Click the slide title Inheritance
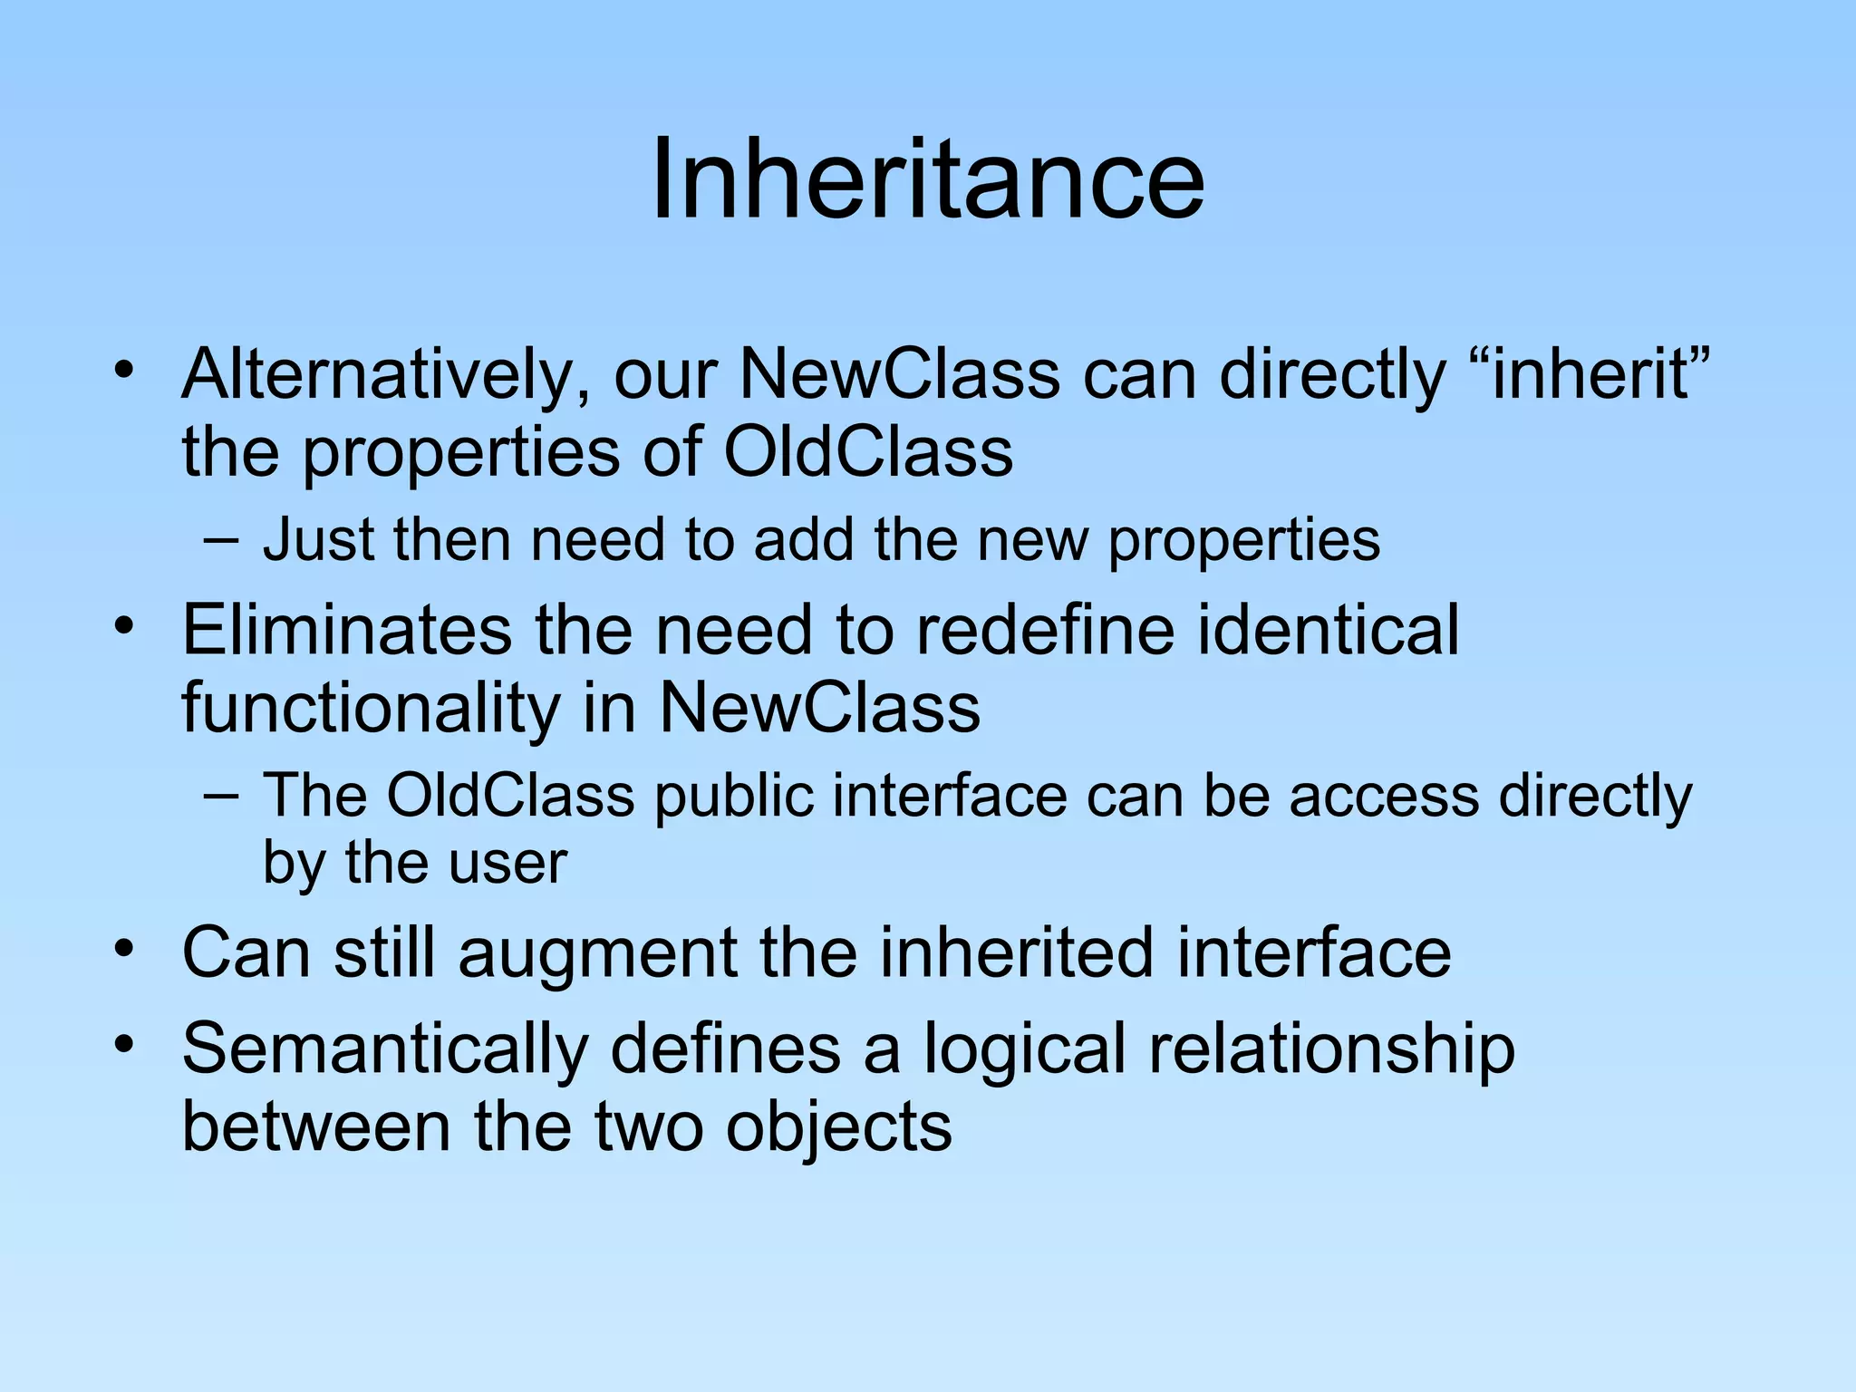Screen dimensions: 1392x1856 [928, 179]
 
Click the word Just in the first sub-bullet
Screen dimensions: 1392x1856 [316, 539]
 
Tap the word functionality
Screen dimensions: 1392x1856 [371, 708]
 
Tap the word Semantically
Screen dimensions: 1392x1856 [384, 1049]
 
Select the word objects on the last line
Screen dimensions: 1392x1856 [838, 1126]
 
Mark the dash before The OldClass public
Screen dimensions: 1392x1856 [222, 797]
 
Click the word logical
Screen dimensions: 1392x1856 [1024, 1049]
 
